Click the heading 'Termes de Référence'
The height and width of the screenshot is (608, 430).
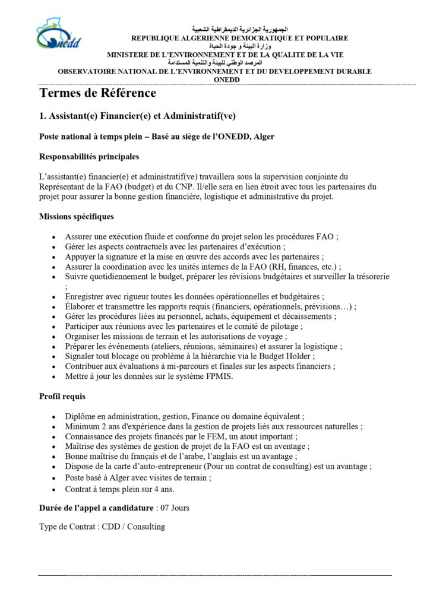point(97,93)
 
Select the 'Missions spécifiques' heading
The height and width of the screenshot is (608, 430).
point(76,217)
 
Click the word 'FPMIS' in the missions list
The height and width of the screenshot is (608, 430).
point(218,376)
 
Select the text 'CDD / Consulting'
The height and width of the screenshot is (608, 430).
point(133,527)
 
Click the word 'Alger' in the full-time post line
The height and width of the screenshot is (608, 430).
point(263,136)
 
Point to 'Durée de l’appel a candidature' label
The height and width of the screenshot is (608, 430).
point(96,508)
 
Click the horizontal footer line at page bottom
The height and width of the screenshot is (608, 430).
point(215,575)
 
